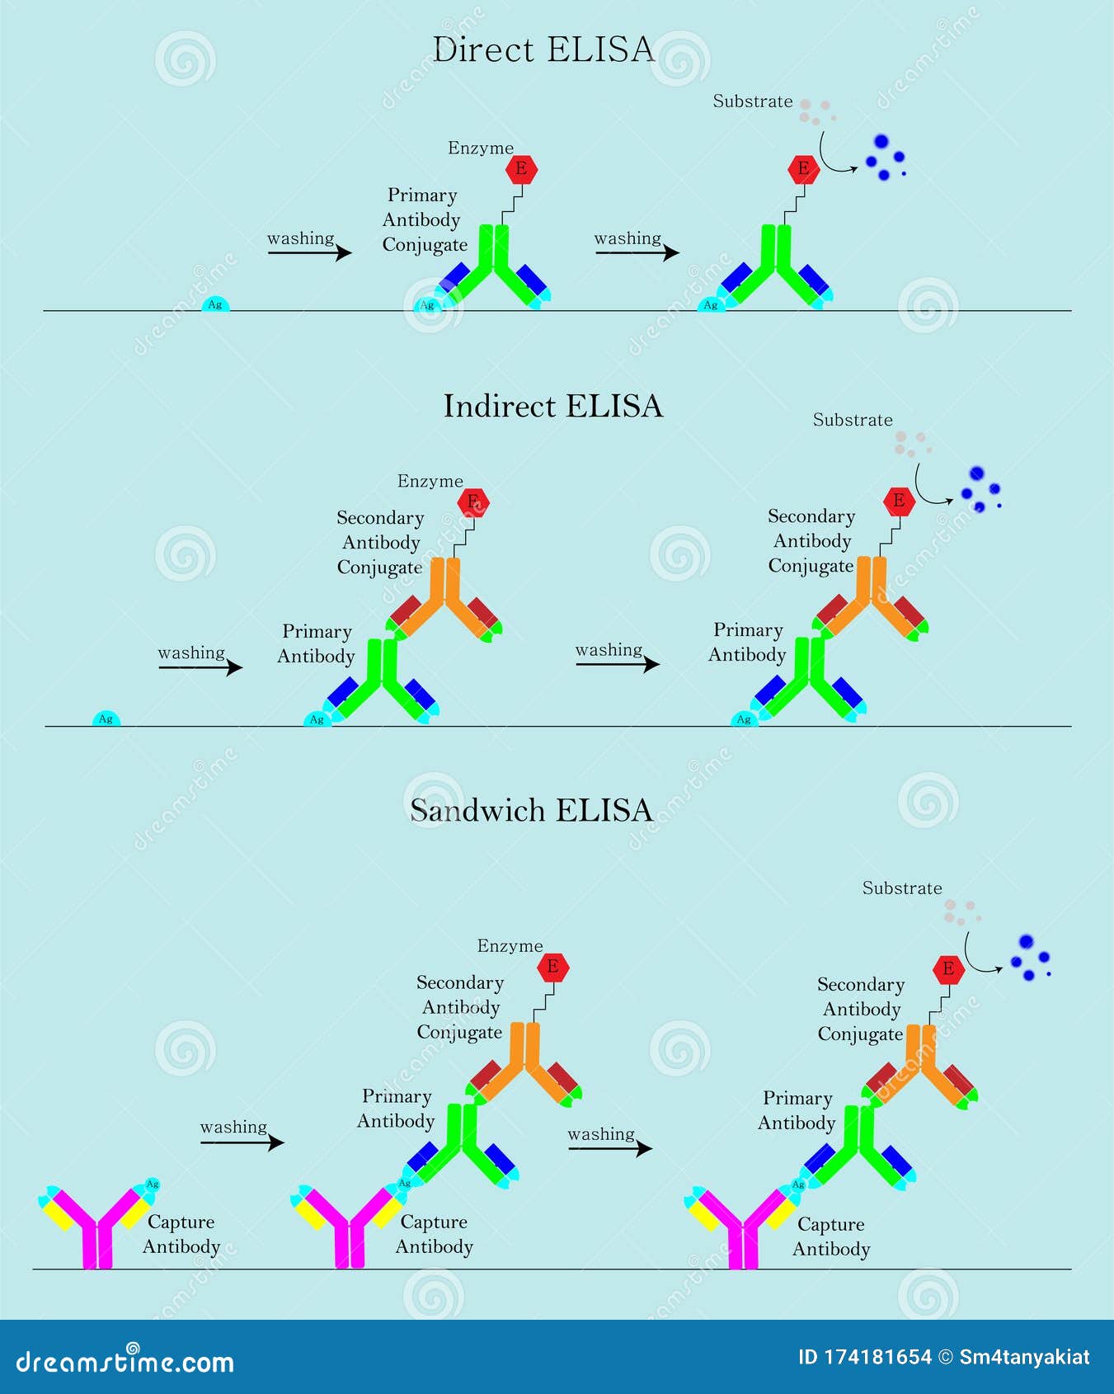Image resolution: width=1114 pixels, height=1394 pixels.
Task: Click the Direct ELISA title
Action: (543, 50)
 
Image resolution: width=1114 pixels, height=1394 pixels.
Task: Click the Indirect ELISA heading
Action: (552, 406)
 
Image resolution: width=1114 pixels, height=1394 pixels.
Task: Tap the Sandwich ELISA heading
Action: (531, 811)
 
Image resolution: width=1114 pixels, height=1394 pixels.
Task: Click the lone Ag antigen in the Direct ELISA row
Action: (214, 304)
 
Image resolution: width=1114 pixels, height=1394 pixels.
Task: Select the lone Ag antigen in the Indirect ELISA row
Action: (106, 719)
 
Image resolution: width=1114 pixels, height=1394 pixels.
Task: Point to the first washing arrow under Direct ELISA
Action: (309, 252)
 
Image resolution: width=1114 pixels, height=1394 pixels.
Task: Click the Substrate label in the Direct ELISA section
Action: (752, 101)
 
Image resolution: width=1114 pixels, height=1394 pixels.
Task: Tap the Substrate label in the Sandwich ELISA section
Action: (901, 888)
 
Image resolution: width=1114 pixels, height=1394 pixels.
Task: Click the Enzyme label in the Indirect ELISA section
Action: (430, 481)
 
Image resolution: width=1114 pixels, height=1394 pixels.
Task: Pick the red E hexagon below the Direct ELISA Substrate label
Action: (802, 169)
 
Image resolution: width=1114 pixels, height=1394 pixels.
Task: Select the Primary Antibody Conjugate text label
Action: (423, 220)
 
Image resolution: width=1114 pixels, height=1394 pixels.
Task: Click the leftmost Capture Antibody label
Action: (181, 1234)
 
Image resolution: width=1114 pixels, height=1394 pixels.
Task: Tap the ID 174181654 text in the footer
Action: (865, 1357)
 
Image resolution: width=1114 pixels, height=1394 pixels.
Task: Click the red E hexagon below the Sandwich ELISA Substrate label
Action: (948, 968)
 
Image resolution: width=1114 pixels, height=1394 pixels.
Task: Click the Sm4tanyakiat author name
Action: (1024, 1357)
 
